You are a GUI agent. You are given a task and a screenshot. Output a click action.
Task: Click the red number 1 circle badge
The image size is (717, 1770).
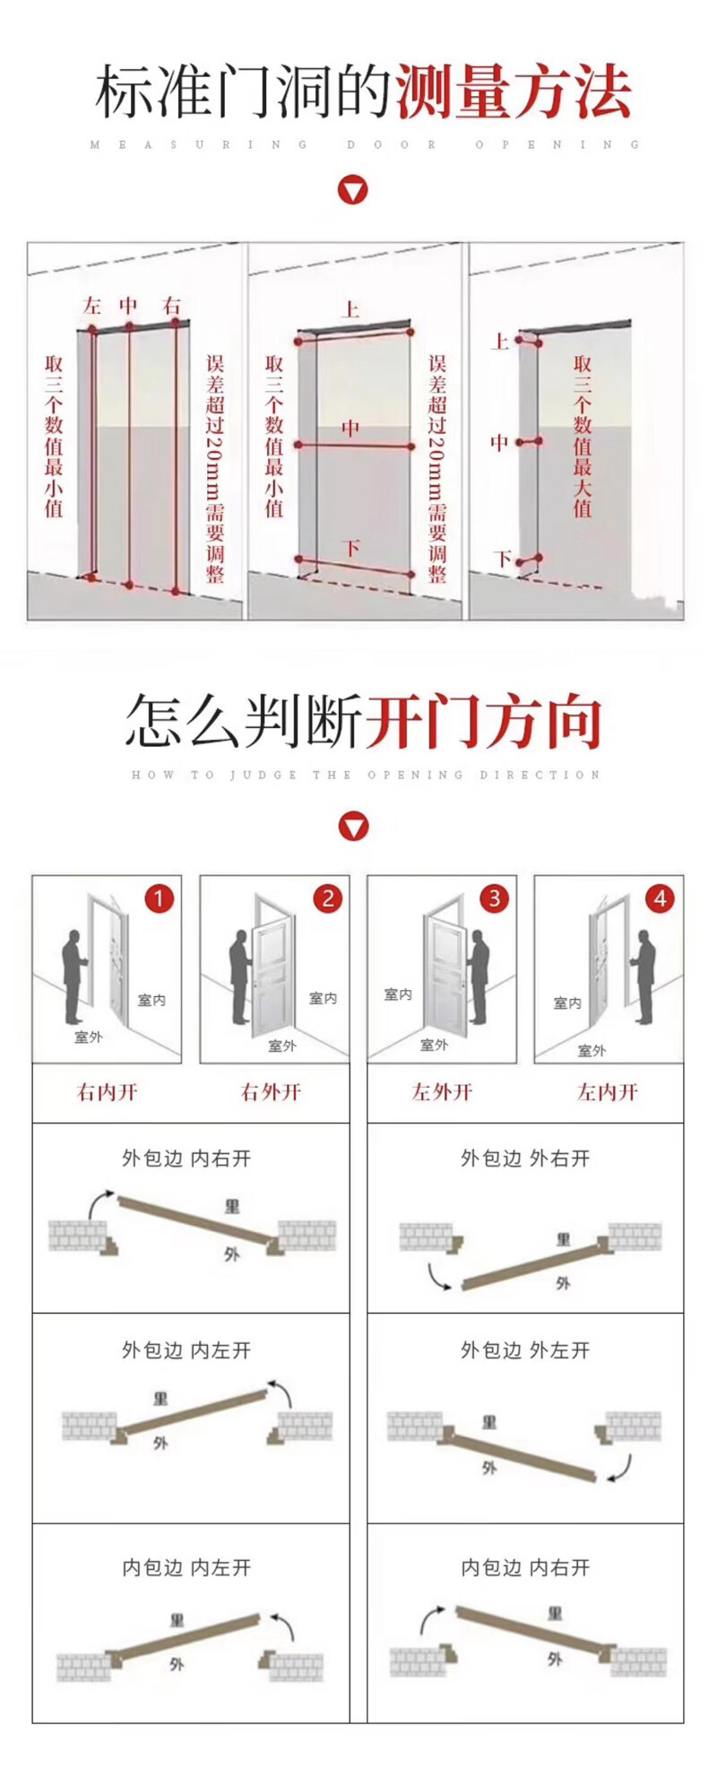(x=159, y=898)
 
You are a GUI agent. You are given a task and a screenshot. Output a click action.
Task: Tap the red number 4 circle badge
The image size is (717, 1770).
(x=661, y=898)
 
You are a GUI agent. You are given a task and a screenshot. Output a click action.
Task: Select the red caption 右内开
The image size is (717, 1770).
(x=108, y=1092)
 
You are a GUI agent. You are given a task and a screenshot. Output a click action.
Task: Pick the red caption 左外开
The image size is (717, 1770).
(x=442, y=1092)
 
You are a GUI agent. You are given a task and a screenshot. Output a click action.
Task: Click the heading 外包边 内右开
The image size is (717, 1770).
(x=186, y=1158)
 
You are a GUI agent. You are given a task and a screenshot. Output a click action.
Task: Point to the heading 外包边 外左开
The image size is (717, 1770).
(x=525, y=1350)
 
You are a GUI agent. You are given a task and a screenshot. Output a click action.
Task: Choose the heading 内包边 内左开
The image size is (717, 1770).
(x=186, y=1567)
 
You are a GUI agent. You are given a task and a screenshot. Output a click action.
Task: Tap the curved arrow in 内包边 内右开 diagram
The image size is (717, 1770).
(x=431, y=1618)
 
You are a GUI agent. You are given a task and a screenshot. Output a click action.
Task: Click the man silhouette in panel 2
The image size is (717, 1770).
(x=239, y=977)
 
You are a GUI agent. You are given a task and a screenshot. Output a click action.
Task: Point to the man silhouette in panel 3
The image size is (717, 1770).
(x=477, y=977)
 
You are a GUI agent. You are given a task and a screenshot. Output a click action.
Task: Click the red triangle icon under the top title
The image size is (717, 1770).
(x=353, y=190)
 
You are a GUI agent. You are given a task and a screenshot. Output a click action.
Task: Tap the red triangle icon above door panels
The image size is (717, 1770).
(x=353, y=826)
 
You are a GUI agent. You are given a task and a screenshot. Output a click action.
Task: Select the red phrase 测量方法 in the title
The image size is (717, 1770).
(x=513, y=92)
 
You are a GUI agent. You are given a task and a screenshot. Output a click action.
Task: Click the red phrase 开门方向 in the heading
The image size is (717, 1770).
(x=484, y=723)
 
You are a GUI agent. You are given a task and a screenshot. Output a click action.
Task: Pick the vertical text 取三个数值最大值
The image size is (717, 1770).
(x=583, y=437)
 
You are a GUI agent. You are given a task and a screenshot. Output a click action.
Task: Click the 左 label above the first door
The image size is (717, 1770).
(x=91, y=306)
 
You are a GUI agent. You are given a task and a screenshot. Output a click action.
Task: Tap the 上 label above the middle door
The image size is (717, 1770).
(x=350, y=310)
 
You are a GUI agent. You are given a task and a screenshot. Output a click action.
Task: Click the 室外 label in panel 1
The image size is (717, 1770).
(x=89, y=1037)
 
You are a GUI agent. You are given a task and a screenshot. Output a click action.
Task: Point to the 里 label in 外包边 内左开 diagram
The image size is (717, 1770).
(x=160, y=1399)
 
